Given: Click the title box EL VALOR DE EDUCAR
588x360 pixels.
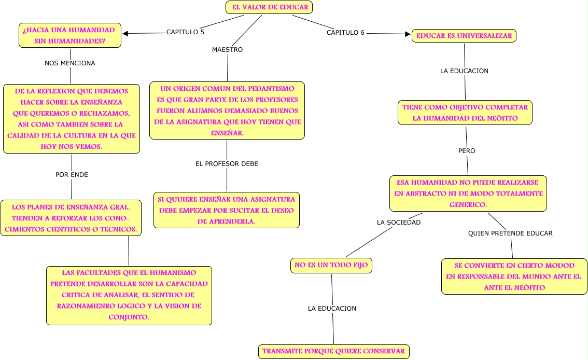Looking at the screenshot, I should point(269,7).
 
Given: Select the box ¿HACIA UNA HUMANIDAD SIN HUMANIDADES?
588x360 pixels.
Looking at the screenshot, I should point(70,35).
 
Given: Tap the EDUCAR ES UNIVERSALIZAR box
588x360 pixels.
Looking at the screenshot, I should point(464,36).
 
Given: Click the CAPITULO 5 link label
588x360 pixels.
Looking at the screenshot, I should point(185,32).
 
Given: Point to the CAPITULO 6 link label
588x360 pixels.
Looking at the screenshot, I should point(345,33).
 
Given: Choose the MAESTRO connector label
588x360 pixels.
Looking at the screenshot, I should point(227,50).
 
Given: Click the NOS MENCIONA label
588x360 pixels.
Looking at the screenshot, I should point(70,63).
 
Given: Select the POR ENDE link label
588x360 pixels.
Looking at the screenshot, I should point(72,175).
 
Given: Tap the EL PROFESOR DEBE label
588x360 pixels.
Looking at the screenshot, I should point(227,164).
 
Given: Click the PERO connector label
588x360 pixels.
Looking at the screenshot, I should point(467,151).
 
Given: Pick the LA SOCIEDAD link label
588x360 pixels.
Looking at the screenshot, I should point(398,223).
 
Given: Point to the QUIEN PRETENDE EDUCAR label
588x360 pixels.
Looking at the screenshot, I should point(510,233).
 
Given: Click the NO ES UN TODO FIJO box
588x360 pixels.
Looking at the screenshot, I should point(331,266).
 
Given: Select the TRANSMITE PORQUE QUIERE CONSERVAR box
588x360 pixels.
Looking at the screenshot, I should point(333,351).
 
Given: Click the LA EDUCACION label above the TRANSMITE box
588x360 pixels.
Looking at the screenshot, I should point(332,309).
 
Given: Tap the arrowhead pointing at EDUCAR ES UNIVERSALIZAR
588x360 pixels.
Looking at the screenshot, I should point(408,34).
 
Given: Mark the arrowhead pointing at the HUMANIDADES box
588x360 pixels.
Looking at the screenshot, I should point(125,34).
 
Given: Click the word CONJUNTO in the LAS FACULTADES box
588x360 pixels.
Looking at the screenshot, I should point(129,316).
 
